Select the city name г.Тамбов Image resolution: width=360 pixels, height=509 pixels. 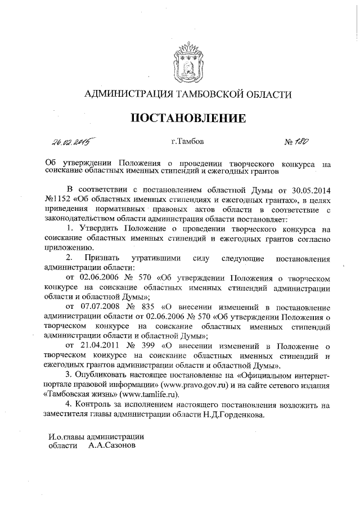point(188,141)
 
